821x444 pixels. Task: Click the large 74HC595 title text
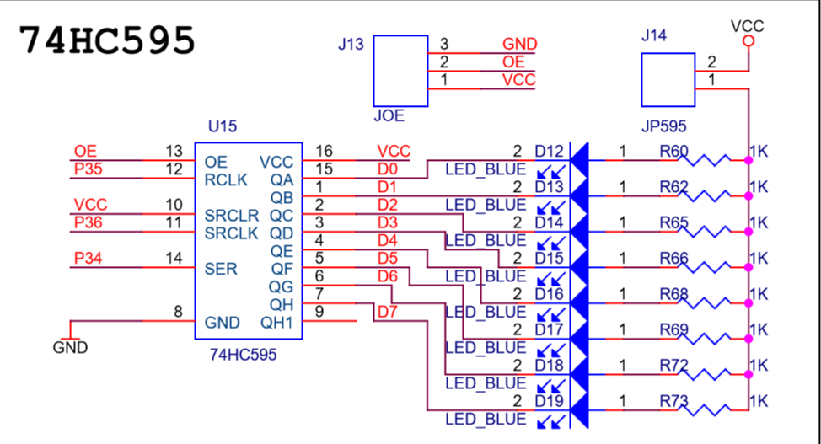(107, 40)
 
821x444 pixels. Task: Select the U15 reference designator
(223, 126)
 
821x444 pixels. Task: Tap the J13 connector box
(400, 72)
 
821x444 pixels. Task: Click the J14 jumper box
(668, 79)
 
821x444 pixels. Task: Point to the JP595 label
(663, 126)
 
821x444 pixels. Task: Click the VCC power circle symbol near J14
(749, 40)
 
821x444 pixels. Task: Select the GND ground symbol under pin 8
(70, 340)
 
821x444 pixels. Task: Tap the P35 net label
(88, 169)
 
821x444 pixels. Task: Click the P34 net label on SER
(88, 258)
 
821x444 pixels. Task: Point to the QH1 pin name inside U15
(276, 323)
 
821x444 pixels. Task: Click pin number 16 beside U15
(325, 152)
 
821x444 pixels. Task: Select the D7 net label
(387, 312)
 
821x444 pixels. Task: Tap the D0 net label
(388, 169)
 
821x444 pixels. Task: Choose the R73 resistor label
(673, 402)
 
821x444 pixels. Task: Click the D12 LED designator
(549, 152)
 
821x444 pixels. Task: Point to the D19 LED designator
(549, 402)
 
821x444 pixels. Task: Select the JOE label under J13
(389, 115)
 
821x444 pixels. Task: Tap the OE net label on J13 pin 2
(513, 62)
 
